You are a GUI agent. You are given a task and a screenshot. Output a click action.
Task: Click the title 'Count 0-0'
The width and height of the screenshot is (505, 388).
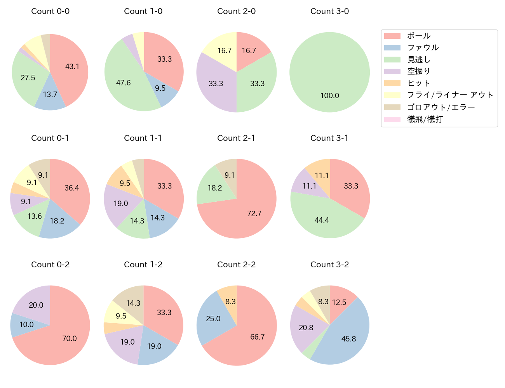[x=50, y=11]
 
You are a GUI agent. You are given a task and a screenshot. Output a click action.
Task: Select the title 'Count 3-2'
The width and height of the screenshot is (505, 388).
[x=329, y=265]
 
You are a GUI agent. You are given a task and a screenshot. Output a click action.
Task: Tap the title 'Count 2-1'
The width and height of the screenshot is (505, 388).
[x=236, y=138]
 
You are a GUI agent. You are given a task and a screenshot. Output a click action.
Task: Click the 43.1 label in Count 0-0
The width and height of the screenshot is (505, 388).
[x=72, y=66]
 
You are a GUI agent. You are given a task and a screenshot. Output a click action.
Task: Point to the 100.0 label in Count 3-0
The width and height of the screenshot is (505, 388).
[x=330, y=95]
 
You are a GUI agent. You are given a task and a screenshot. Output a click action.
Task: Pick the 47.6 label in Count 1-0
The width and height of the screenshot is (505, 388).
[x=124, y=83]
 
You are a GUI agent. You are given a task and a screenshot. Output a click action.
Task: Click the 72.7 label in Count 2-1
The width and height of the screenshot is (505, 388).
[x=254, y=213]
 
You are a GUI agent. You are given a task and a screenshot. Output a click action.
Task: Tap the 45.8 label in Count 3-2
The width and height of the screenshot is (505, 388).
[x=349, y=339]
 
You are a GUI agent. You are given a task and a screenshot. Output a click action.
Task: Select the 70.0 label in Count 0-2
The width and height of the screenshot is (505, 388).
[x=70, y=338]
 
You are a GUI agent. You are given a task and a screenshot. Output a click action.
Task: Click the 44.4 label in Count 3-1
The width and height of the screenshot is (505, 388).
[x=322, y=220]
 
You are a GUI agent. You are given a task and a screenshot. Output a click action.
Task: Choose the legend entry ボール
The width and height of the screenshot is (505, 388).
[x=419, y=36]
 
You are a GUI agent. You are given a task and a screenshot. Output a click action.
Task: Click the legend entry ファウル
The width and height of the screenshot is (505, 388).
[x=423, y=47]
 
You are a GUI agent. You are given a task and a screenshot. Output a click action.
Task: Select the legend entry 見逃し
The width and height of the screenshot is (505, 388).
[x=419, y=59]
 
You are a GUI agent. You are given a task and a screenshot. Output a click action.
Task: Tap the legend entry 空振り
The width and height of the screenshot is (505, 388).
[x=419, y=71]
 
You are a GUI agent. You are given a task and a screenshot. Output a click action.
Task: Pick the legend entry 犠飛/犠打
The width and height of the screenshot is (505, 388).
[x=425, y=119]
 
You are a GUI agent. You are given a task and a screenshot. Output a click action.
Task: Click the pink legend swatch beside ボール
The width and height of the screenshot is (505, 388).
[x=392, y=36]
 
